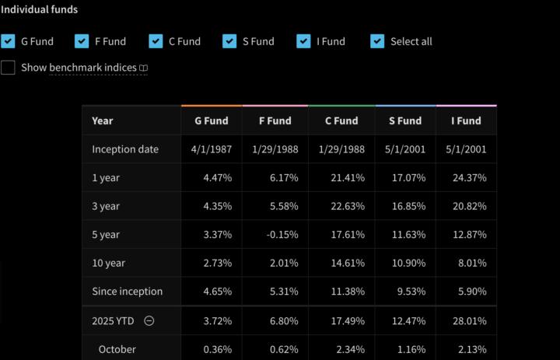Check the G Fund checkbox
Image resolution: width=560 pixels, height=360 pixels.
(x=8, y=41)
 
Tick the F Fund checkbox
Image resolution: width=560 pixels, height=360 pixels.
(x=82, y=41)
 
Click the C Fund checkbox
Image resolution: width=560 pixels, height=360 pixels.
(x=156, y=41)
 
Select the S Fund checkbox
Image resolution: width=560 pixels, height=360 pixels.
(x=229, y=41)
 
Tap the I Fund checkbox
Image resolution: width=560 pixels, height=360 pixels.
(x=303, y=41)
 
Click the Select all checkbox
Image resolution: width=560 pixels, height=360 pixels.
(x=377, y=41)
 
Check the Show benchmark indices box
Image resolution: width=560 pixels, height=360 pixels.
(x=8, y=68)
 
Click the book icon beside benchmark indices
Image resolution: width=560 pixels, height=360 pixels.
(x=143, y=68)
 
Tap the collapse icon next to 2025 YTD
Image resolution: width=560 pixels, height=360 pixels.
(x=149, y=320)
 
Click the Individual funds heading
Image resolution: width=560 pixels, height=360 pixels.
(x=39, y=10)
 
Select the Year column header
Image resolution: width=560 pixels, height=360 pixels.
(x=102, y=121)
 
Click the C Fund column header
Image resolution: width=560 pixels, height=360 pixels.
(x=341, y=121)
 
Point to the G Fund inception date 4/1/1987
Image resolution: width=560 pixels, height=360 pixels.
(x=211, y=149)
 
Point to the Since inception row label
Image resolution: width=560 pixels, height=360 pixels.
(x=127, y=292)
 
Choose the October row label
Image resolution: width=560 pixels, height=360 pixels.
(x=117, y=349)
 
